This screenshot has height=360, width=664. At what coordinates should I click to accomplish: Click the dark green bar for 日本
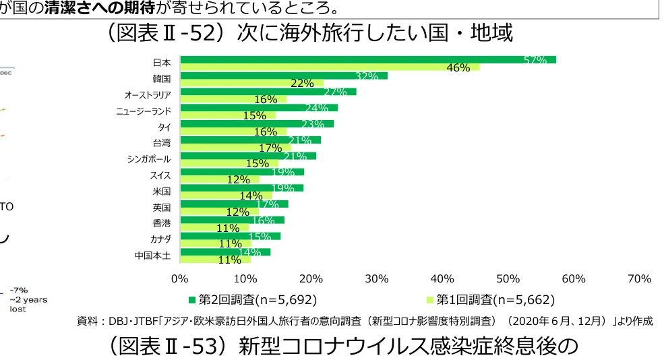click(367, 59)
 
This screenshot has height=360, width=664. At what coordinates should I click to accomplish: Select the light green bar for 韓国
click(251, 83)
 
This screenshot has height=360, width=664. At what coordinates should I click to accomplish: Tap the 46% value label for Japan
click(458, 67)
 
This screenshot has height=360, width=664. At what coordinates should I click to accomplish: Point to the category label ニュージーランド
click(144, 111)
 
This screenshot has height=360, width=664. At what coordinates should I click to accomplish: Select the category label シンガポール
click(148, 159)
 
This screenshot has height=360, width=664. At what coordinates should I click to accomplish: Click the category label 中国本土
click(152, 256)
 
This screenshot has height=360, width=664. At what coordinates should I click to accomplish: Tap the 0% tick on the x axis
click(179, 278)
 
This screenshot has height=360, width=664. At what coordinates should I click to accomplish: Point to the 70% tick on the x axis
click(639, 278)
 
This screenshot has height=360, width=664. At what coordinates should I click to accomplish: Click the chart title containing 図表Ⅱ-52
click(309, 33)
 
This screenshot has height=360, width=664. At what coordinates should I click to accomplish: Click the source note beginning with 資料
click(365, 322)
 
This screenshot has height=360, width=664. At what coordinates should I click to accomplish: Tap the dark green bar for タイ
click(256, 123)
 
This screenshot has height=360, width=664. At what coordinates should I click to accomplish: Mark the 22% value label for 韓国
click(302, 84)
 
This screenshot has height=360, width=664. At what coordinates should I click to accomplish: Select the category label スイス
click(160, 175)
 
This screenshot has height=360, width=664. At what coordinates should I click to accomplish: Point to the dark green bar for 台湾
click(250, 140)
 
